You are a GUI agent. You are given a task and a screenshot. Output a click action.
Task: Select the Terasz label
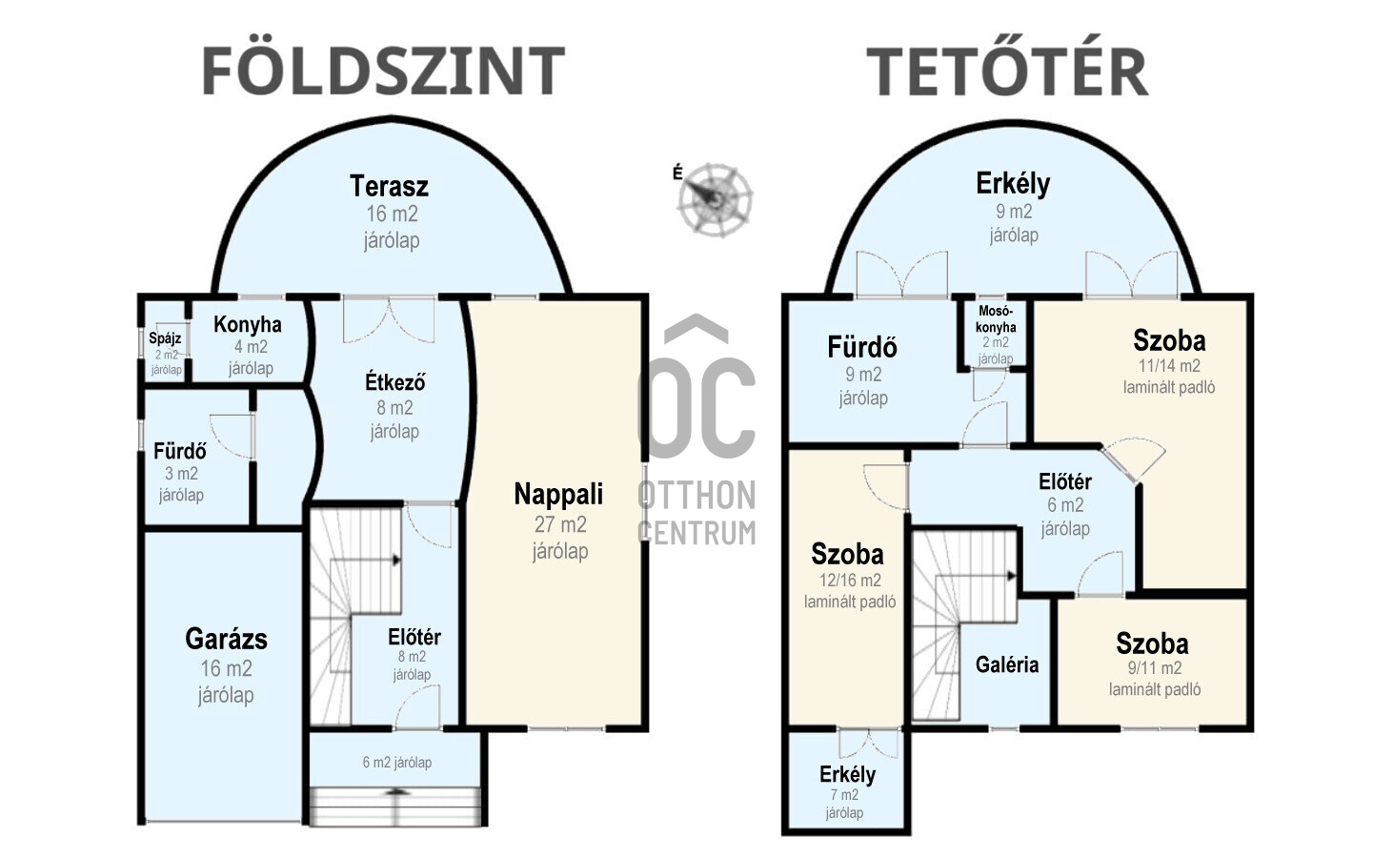(x=390, y=185)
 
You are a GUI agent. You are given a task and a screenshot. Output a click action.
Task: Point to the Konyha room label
(x=248, y=324)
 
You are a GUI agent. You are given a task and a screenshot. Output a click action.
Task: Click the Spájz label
(x=165, y=338)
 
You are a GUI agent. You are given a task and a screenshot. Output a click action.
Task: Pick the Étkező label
(x=394, y=381)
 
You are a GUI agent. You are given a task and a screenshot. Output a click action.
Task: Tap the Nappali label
(x=558, y=494)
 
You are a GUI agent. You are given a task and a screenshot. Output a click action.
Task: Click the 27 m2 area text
(x=559, y=524)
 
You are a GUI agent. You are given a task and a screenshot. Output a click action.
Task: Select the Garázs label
(x=227, y=639)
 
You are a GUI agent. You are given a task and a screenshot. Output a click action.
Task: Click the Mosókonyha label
(x=996, y=318)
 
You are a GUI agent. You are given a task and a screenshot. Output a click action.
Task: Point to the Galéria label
(x=1007, y=664)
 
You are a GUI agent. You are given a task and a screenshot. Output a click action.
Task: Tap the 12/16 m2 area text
(x=850, y=580)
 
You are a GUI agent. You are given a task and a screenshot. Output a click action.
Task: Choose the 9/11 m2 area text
(x=1155, y=668)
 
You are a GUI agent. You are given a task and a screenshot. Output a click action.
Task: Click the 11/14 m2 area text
(x=1169, y=365)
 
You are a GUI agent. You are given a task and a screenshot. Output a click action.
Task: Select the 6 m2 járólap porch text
(x=396, y=762)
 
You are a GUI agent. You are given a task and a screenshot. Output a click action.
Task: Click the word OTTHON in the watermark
(x=696, y=496)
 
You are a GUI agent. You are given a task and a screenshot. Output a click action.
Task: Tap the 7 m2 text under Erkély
(x=844, y=794)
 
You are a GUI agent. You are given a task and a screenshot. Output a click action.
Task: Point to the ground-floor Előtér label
(x=414, y=637)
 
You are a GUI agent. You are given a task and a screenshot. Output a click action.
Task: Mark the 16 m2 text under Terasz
(x=392, y=214)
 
